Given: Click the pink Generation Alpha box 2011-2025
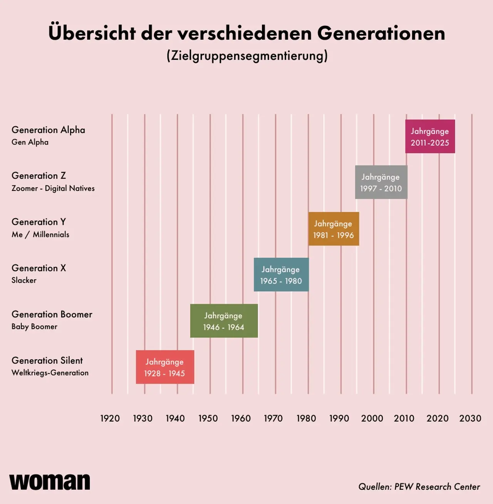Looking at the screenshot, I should [x=430, y=137].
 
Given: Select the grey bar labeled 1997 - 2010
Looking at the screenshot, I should [x=381, y=182].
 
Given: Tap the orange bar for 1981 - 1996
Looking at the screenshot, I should [x=334, y=229].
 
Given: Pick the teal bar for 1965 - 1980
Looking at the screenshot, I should [x=281, y=275].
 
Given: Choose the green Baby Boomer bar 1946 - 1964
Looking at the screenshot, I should [x=224, y=321].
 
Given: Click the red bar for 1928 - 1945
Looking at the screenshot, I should [x=165, y=367].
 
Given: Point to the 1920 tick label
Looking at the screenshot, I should [x=110, y=418].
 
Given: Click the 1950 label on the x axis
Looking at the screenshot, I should [x=208, y=418].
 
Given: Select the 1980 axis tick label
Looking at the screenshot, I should [x=306, y=418].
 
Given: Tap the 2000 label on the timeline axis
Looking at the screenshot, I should [x=372, y=418].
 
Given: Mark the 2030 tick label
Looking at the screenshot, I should [x=470, y=418].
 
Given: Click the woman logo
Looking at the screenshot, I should [x=50, y=482].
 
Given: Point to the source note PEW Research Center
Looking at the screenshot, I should [x=419, y=487].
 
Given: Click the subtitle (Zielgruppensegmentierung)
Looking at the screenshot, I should [x=247, y=56].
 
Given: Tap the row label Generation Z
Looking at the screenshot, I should [x=39, y=176].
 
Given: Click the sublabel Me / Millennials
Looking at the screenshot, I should [x=40, y=234].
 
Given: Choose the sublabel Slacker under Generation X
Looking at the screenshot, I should [x=24, y=280].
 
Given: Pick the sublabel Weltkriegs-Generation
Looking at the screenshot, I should [x=50, y=373].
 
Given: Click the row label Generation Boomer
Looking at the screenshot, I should [x=52, y=314].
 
